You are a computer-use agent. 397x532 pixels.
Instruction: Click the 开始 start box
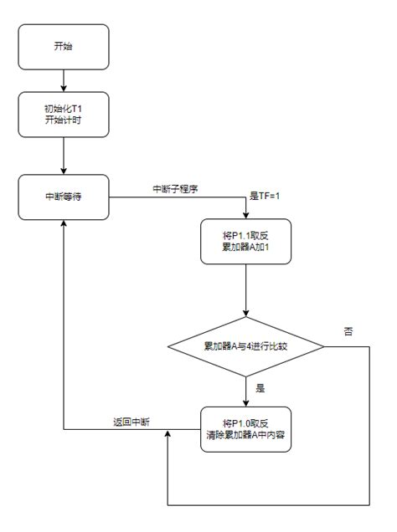coord(63,47)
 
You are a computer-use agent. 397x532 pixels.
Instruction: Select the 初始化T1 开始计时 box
coord(63,114)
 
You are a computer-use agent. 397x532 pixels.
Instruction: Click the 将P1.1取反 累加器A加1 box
coord(245,242)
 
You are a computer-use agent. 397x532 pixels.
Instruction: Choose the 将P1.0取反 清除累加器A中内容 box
coord(245,429)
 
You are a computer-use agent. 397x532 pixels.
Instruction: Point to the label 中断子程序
coord(173,188)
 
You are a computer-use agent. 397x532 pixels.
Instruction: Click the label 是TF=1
coord(266,196)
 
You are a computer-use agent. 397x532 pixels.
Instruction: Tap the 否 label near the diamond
coord(348,331)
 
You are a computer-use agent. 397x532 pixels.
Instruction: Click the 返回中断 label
coord(131,421)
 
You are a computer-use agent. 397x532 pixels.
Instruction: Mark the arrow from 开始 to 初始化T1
coord(63,80)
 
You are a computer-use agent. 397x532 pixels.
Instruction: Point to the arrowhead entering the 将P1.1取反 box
coord(245,214)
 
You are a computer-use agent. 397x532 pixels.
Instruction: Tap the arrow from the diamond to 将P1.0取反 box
coord(245,389)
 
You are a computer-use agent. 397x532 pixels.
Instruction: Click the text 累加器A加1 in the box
coord(245,248)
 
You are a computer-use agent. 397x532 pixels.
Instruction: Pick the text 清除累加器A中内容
coord(245,436)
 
